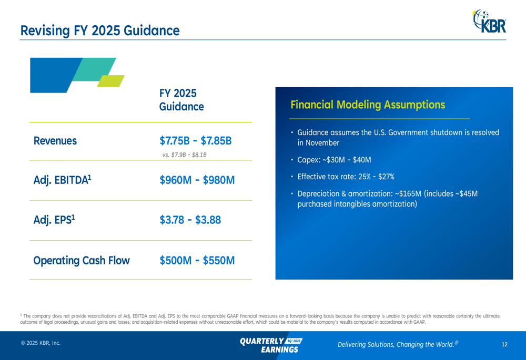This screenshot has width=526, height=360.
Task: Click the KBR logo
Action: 489,21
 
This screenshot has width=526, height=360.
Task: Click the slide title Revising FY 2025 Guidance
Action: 100,30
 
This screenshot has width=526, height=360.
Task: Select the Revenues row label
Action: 55,141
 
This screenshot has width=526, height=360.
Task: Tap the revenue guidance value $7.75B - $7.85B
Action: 196,141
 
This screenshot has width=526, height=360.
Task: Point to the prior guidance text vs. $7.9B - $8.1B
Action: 184,155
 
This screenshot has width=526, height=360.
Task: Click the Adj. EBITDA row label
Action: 63,180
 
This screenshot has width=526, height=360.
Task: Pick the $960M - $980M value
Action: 197,180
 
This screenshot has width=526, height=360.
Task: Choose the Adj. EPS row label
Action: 54,220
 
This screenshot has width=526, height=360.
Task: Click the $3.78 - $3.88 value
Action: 190,220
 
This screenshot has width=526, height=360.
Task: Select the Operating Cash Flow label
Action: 82,261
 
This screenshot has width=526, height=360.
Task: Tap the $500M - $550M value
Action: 197,261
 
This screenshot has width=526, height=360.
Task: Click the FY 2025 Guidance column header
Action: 181,100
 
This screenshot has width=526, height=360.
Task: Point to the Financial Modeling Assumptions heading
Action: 368,105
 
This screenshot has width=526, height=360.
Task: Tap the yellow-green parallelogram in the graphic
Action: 110,81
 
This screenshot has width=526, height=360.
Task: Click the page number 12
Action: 504,345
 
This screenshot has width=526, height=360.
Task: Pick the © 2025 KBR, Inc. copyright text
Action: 41,343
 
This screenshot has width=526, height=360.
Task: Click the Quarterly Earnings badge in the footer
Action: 271,345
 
